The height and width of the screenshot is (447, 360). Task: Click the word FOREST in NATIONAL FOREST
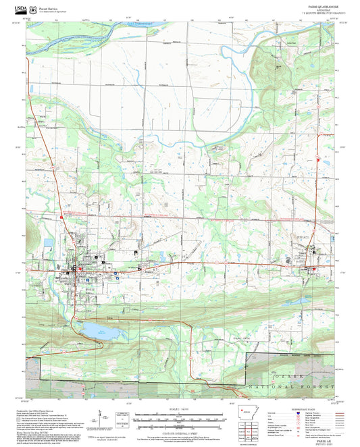320,386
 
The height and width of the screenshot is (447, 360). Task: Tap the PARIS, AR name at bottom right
316,440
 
